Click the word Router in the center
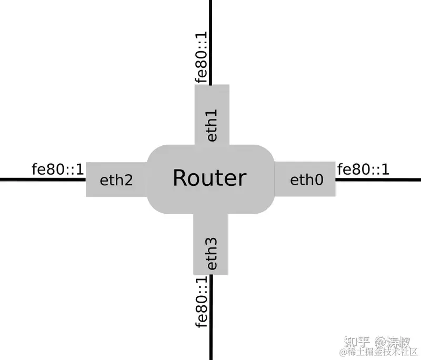click(x=209, y=178)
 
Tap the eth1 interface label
click(x=212, y=125)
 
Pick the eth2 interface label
click(x=116, y=180)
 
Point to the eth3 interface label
click(x=212, y=253)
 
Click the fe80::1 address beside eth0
click(x=363, y=169)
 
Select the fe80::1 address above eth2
click(x=58, y=169)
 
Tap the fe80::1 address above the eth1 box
click(x=202, y=58)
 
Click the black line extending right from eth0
click(x=379, y=179)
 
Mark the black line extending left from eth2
click(x=42, y=179)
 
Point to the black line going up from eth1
click(x=211, y=32)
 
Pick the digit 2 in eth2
click(x=127, y=180)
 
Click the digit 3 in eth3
click(x=212, y=243)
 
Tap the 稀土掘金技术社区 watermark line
click(x=379, y=352)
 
